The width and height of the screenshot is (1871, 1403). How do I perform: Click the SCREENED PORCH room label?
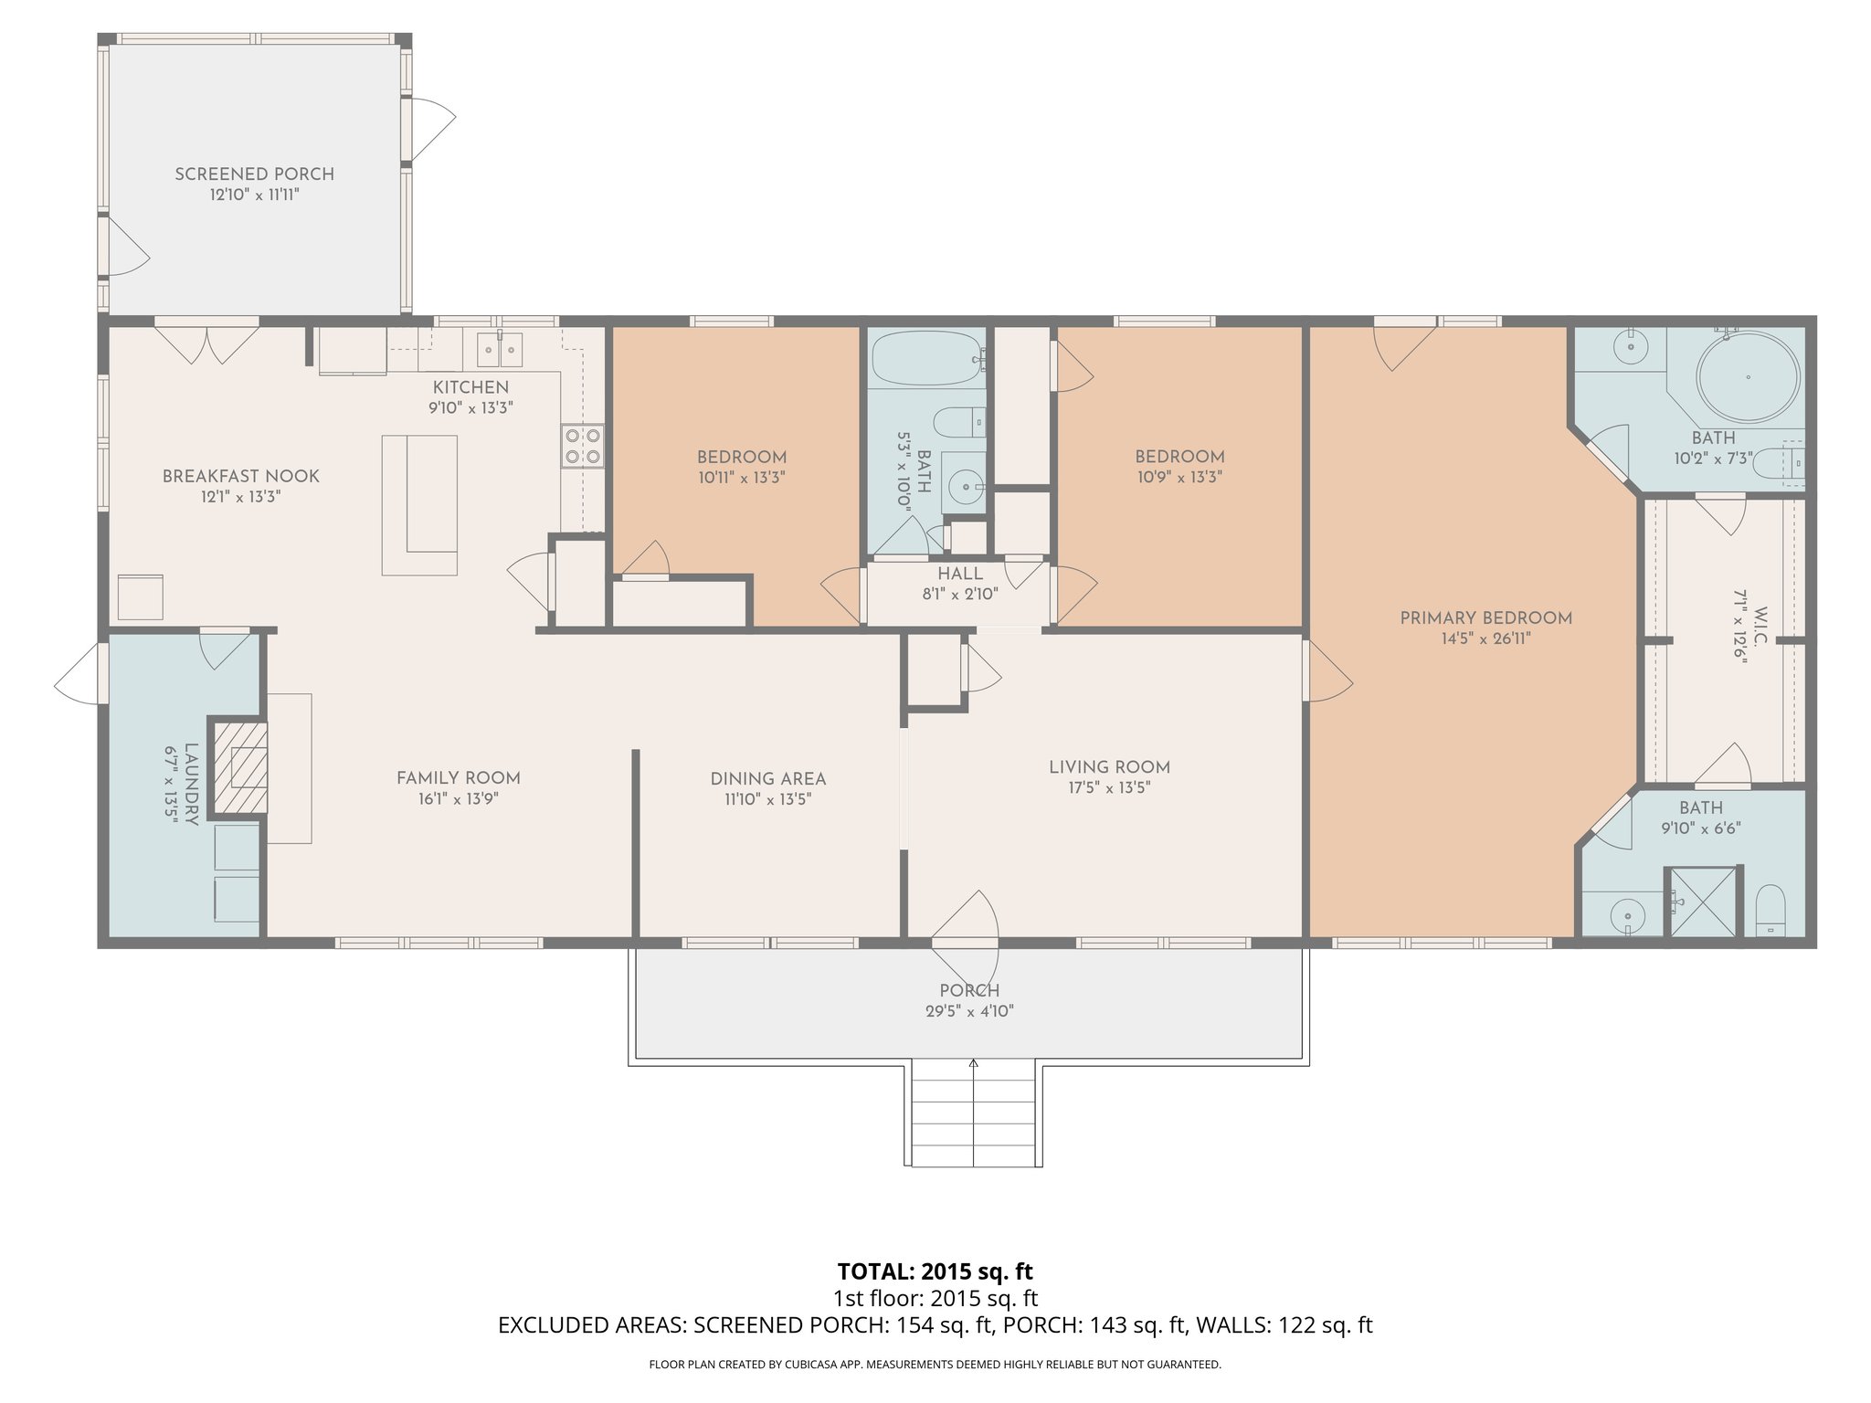254,174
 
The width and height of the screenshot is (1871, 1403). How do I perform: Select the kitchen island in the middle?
420,504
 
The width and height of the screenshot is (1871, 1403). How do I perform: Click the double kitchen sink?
500,350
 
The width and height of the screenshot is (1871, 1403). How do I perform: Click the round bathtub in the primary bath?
1747,376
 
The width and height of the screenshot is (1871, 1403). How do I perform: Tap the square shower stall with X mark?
1703,902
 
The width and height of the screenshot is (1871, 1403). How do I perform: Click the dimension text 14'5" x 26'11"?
1485,638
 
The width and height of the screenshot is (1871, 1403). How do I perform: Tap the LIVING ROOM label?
1109,767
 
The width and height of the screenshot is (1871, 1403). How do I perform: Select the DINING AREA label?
767,779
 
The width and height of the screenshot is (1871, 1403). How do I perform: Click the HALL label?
959,574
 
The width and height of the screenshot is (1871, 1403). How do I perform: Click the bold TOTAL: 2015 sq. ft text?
935,1271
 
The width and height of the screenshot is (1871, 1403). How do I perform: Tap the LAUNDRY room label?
191,784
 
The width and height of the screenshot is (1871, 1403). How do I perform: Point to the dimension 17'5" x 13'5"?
1109,787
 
